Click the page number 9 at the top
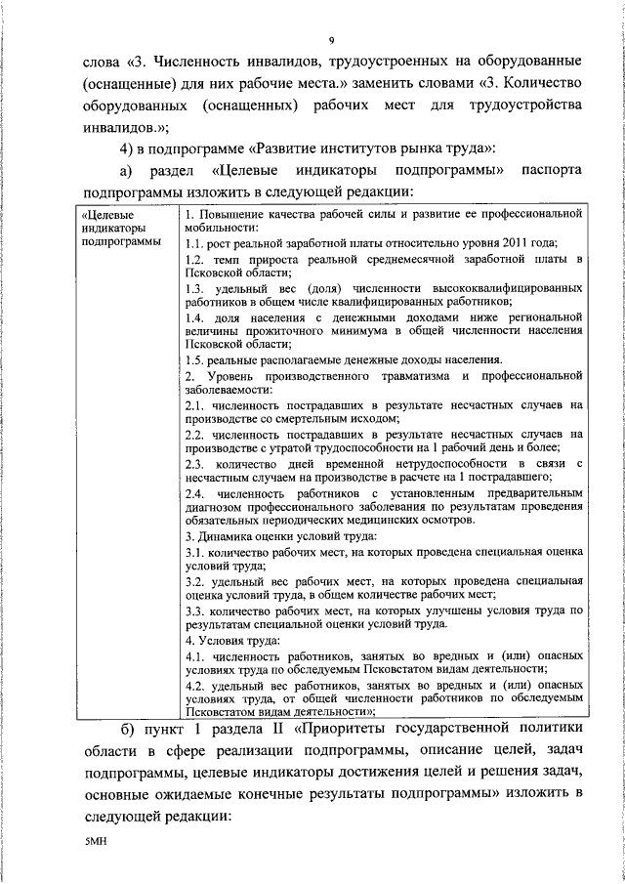coord(332,40)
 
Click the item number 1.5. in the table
coord(195,360)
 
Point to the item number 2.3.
coord(194,463)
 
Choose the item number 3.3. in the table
coord(194,610)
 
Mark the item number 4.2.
coord(194,686)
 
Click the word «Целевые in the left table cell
coord(109,213)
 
